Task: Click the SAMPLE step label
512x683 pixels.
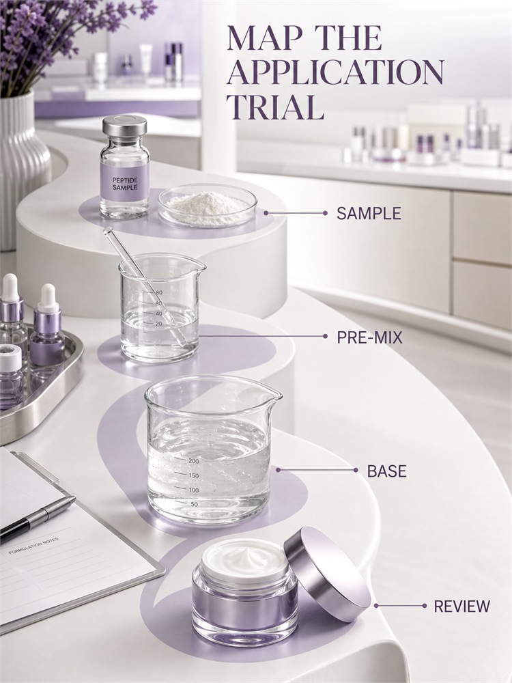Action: point(369,213)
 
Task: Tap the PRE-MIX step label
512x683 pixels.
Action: point(369,337)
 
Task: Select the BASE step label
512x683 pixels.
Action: point(386,471)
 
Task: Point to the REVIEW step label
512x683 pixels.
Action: point(461,606)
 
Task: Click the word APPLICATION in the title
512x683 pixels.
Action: point(335,73)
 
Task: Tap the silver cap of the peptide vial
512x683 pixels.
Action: point(124,126)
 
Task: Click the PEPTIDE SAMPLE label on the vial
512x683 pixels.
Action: point(124,183)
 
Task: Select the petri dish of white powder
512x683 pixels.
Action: point(208,206)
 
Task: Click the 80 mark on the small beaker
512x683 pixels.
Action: point(158,293)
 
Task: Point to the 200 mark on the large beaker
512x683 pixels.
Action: point(193,461)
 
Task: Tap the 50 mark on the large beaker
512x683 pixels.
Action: point(194,505)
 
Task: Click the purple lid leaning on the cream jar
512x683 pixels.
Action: point(327,574)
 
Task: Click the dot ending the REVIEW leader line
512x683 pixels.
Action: point(425,606)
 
